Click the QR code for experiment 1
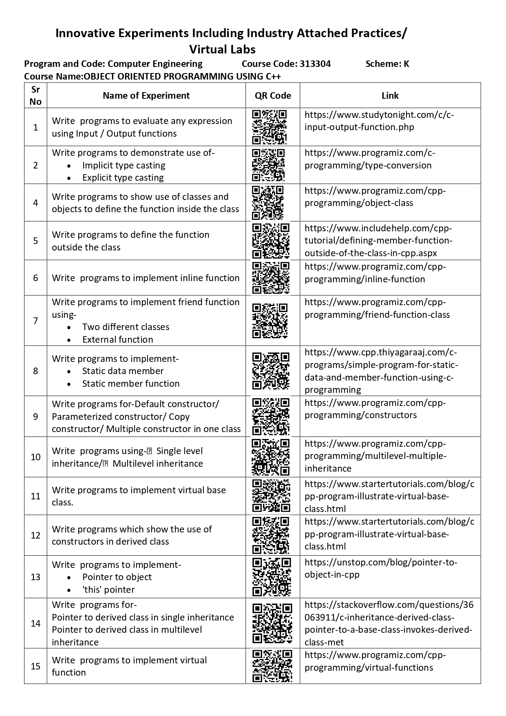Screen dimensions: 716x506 [270, 127]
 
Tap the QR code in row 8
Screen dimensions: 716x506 [271, 371]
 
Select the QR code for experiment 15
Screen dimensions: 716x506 [272, 666]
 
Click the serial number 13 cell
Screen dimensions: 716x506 [35, 577]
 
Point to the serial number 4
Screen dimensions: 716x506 [35, 203]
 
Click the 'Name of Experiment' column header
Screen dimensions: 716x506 [146, 95]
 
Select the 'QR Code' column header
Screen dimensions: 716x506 [273, 95]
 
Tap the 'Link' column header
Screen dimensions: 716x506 [390, 95]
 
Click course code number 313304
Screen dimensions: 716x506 [315, 64]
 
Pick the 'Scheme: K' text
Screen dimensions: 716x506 [387, 64]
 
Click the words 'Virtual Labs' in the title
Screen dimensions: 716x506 [222, 49]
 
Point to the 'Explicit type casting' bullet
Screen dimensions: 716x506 [123, 177]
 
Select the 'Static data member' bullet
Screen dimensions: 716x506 [123, 371]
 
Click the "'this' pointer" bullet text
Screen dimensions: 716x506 [108, 590]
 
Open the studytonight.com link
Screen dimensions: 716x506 [379, 121]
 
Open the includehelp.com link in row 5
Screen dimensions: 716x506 [378, 240]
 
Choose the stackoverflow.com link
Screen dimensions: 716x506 [389, 623]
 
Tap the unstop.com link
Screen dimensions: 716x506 [381, 568]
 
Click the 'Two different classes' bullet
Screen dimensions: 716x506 [126, 327]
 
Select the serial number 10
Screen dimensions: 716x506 [35, 457]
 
